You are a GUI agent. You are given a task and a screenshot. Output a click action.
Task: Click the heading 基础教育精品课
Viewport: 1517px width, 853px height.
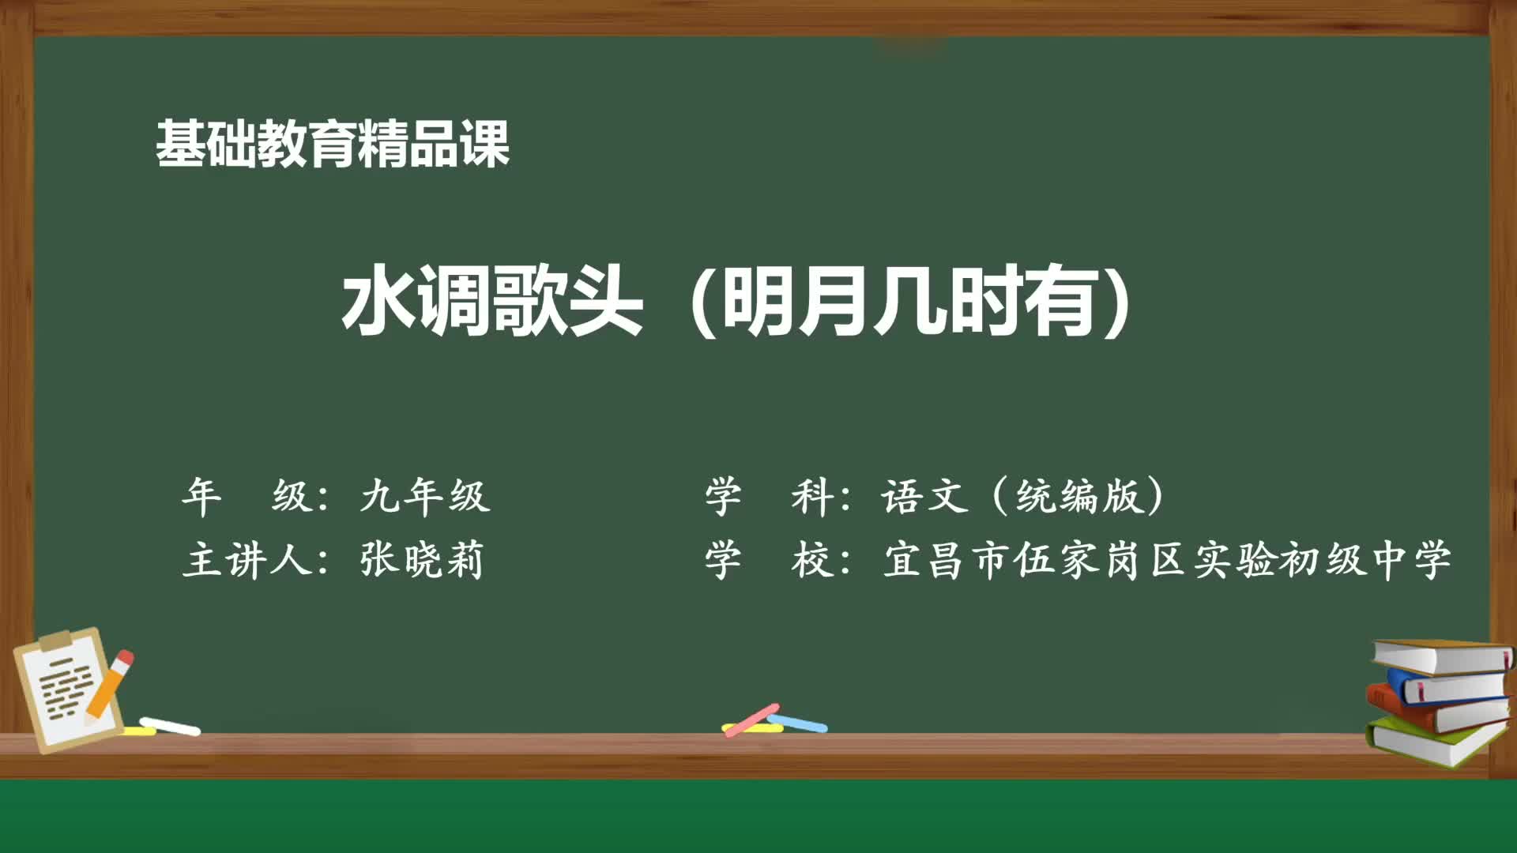(x=332, y=144)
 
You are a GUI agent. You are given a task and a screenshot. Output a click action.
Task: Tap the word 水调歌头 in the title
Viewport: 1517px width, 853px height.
(x=491, y=302)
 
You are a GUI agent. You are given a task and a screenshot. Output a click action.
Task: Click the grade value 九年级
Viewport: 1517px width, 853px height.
(x=425, y=497)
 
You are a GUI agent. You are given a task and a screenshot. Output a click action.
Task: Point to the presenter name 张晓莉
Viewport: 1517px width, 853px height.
(x=421, y=560)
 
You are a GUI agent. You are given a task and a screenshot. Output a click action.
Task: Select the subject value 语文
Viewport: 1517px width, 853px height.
(x=924, y=497)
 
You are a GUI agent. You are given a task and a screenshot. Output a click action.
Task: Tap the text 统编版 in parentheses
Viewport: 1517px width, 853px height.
(x=1079, y=497)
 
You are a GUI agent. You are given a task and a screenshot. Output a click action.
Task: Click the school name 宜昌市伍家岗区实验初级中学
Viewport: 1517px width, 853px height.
(x=1166, y=560)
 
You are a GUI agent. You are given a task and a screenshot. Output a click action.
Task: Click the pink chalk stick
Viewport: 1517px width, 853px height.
(x=751, y=720)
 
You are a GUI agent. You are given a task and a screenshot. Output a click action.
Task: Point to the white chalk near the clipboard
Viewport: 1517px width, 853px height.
(x=170, y=726)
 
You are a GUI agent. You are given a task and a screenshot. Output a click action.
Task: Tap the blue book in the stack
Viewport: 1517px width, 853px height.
(x=1446, y=686)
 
